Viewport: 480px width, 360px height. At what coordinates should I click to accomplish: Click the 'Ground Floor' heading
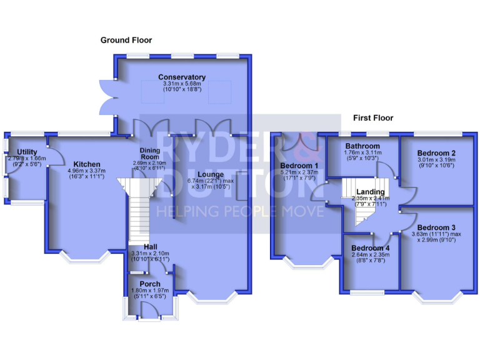[126, 40]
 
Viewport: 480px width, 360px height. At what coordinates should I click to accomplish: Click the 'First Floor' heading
[373, 117]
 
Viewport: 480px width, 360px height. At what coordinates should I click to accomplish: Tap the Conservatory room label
[182, 77]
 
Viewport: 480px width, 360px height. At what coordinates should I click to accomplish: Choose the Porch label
[150, 284]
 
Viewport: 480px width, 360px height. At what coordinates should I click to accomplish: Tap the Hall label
[150, 246]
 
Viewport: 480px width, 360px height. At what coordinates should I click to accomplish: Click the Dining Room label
[150, 154]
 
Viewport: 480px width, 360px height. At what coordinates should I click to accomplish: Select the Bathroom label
[362, 146]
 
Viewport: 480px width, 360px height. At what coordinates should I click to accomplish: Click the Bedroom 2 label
[436, 152]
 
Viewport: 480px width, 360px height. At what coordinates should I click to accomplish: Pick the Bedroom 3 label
[436, 227]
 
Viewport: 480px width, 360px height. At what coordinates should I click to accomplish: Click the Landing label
[371, 191]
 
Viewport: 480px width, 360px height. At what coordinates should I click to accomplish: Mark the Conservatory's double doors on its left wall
[107, 97]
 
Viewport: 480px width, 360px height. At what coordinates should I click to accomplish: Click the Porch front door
[149, 309]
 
